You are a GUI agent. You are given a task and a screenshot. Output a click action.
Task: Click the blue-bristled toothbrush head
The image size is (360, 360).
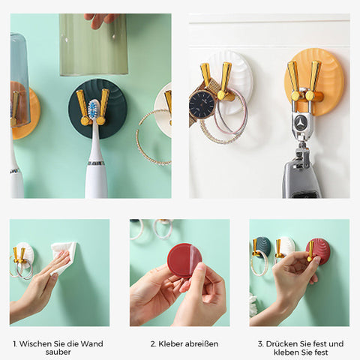click(94, 109)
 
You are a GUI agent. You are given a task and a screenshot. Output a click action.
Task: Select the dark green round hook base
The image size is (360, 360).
click(97, 109)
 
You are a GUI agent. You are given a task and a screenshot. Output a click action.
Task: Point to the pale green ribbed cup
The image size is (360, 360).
click(94, 44)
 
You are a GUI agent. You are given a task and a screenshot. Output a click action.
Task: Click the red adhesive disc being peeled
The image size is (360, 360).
click(184, 262)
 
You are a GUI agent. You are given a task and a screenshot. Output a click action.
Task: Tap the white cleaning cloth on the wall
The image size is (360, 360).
click(63, 256)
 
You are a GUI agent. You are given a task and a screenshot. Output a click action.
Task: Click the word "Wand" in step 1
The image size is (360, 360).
click(93, 343)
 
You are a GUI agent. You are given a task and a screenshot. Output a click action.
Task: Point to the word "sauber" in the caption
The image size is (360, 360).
click(58, 352)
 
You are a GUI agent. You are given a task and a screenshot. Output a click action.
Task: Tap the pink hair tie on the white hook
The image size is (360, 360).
click(232, 111)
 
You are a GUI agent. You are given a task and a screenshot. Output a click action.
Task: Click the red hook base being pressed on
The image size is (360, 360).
click(317, 251)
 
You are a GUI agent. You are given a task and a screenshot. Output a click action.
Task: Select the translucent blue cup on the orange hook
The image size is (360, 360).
click(19, 80)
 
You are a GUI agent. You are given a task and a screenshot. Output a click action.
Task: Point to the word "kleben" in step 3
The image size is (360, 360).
click(286, 352)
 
